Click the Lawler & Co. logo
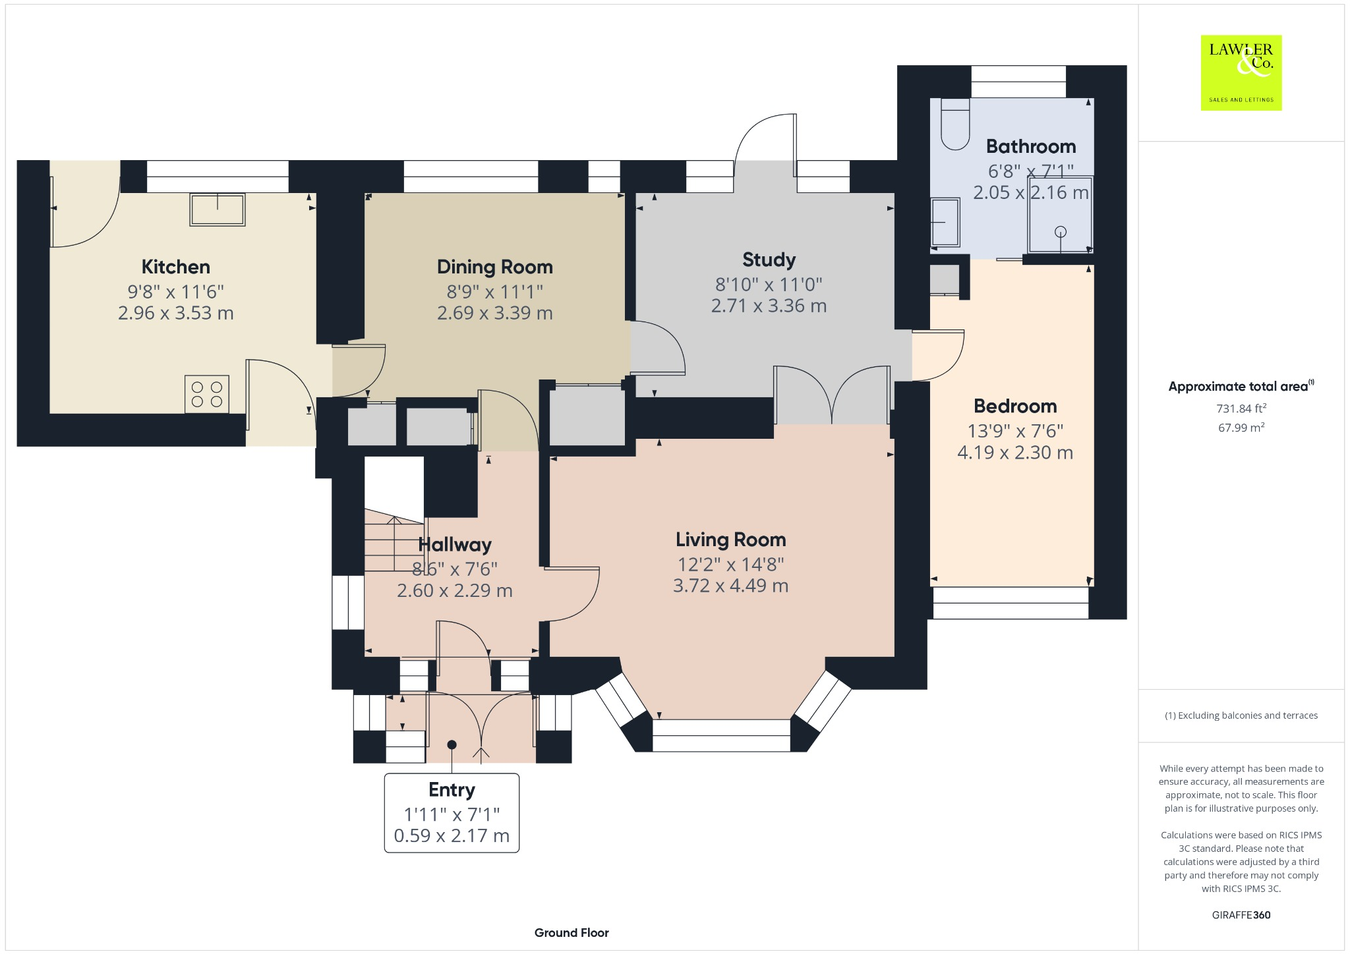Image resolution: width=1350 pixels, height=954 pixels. tap(1241, 72)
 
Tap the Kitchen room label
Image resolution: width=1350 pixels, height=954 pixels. tap(176, 267)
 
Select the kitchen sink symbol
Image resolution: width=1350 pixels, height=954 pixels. tap(218, 210)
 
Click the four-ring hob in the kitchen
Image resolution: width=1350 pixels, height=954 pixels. tap(207, 394)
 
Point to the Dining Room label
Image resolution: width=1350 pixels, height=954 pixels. tap(494, 267)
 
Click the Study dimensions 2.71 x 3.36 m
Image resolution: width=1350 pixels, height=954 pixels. tap(769, 306)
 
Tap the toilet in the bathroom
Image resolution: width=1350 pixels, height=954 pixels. tap(955, 125)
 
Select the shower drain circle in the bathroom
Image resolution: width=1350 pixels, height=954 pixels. tap(1060, 231)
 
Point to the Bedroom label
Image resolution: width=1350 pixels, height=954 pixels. tap(1015, 406)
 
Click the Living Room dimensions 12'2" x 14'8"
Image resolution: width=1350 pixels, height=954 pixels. tap(730, 565)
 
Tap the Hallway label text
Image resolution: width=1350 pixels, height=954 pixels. tap(455, 545)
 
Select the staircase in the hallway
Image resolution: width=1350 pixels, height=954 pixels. tap(394, 544)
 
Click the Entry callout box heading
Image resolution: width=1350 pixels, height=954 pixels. tap(452, 789)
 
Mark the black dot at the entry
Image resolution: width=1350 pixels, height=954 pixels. tap(452, 744)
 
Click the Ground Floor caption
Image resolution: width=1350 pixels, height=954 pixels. tap(572, 932)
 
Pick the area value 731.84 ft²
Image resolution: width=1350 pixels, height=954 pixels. tap(1241, 408)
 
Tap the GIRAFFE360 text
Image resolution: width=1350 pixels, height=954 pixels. tap(1241, 915)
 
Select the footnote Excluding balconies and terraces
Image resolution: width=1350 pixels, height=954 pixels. tap(1241, 715)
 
